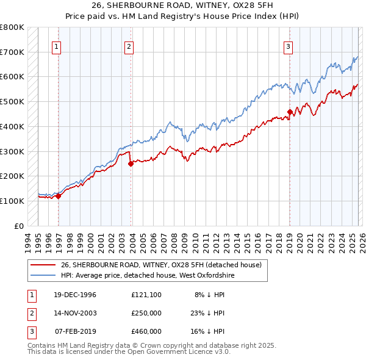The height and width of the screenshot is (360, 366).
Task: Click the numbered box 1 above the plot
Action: (x=56, y=46)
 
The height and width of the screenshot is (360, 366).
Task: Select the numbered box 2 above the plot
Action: (x=129, y=46)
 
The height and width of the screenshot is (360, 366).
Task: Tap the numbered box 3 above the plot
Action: (x=288, y=46)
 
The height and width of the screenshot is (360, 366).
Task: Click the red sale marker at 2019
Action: (x=290, y=112)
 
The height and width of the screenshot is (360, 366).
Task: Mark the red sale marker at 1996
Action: (x=59, y=196)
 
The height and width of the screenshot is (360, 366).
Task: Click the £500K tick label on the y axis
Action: (x=12, y=102)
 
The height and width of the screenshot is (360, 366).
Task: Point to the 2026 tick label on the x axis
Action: (x=361, y=242)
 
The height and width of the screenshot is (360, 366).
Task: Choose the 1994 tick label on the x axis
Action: (x=27, y=242)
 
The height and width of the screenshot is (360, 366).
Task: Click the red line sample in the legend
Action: (x=43, y=265)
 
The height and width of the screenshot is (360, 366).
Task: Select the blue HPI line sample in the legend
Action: (x=43, y=275)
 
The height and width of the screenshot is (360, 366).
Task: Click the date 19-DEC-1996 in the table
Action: (x=75, y=295)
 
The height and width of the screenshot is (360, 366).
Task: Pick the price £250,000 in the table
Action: (x=146, y=313)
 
